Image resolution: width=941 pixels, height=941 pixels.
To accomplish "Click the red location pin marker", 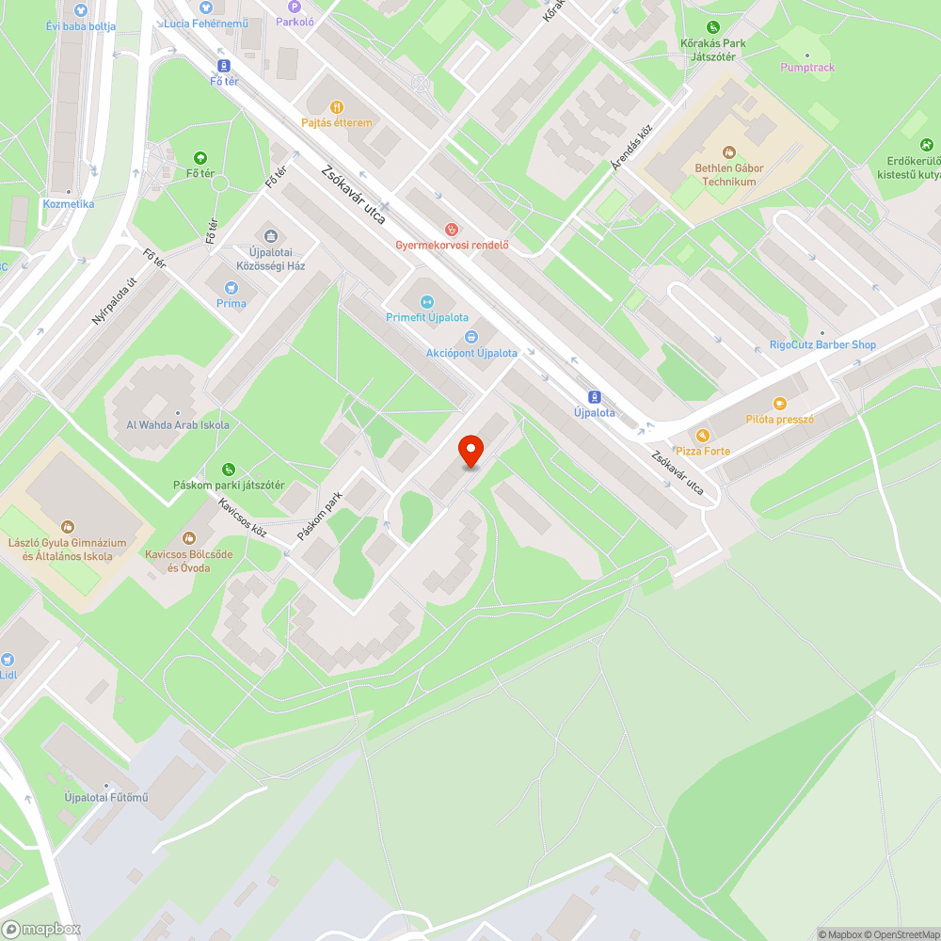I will [470, 452].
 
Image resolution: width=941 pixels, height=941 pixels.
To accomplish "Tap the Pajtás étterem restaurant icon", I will [337, 107].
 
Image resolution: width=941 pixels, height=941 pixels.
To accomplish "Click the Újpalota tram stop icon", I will [594, 396].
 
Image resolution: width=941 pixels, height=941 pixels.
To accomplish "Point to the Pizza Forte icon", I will [702, 436].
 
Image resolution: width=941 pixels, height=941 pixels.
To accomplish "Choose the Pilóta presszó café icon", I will [779, 404].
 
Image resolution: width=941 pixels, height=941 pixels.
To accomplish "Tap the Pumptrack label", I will [807, 68].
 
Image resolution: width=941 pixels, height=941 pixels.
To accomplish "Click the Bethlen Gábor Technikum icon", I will [728, 152].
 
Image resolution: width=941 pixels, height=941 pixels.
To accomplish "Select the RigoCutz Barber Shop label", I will [822, 344].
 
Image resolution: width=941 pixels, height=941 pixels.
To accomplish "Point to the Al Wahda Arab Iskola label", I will [178, 424].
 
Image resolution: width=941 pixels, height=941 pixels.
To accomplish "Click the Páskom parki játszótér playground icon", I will [229, 470].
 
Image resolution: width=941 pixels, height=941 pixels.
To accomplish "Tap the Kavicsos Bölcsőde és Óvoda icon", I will [189, 538].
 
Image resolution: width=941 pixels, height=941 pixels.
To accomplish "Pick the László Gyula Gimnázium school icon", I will [67, 527].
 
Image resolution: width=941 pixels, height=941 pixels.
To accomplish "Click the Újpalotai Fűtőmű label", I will [106, 798].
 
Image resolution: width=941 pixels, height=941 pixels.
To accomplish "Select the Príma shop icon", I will [231, 288].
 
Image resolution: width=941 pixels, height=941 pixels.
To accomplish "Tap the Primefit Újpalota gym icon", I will [426, 302].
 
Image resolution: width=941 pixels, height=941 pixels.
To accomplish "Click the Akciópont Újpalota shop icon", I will [470, 337].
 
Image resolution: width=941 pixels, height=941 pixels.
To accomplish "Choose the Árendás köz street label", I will [630, 148].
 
